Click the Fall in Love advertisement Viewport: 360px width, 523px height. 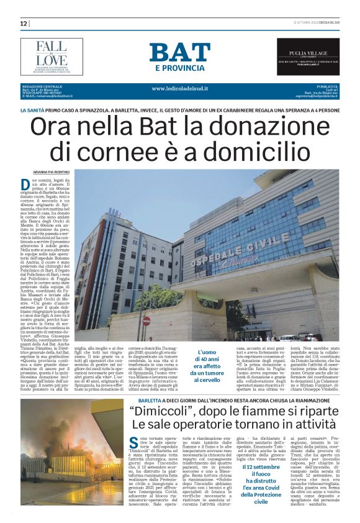point(52,56)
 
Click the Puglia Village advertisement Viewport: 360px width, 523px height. point(308,56)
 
